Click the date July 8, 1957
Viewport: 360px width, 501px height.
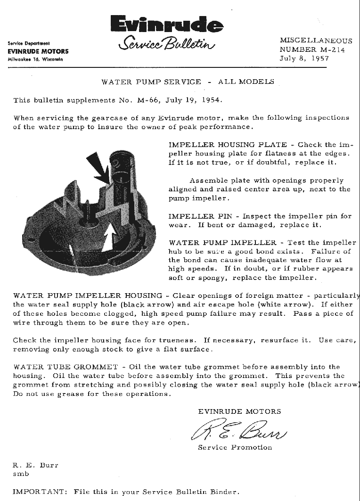(x=304, y=58)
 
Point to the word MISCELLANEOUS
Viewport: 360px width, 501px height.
(x=316, y=41)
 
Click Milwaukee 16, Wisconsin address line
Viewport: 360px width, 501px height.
(x=35, y=59)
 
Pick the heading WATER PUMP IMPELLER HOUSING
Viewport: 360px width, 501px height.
(x=88, y=296)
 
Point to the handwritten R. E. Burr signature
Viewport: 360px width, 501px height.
(x=237, y=429)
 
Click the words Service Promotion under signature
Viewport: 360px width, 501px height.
(x=235, y=447)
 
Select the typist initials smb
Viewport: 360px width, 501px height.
(x=21, y=474)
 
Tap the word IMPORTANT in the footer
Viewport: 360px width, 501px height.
(x=39, y=492)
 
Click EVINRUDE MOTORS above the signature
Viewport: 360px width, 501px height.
(x=239, y=411)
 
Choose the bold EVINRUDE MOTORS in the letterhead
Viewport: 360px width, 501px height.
(x=38, y=51)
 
